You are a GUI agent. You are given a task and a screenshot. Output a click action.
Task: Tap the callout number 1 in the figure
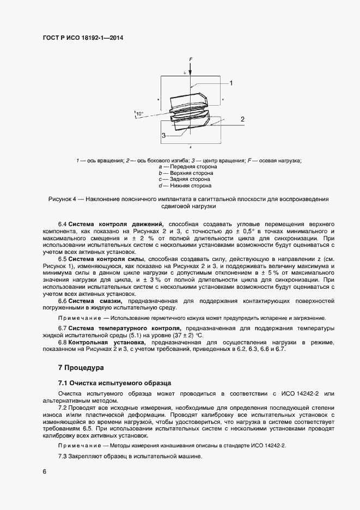(x=231, y=83)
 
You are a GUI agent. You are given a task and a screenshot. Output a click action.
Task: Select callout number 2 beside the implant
(x=242, y=119)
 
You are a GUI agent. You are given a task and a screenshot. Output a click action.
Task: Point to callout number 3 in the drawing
(x=162, y=135)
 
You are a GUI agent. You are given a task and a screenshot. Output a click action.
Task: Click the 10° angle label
(x=140, y=114)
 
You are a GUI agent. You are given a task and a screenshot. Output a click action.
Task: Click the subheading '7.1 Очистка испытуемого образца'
(x=114, y=383)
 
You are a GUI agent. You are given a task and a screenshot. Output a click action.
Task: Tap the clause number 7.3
(x=63, y=456)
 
